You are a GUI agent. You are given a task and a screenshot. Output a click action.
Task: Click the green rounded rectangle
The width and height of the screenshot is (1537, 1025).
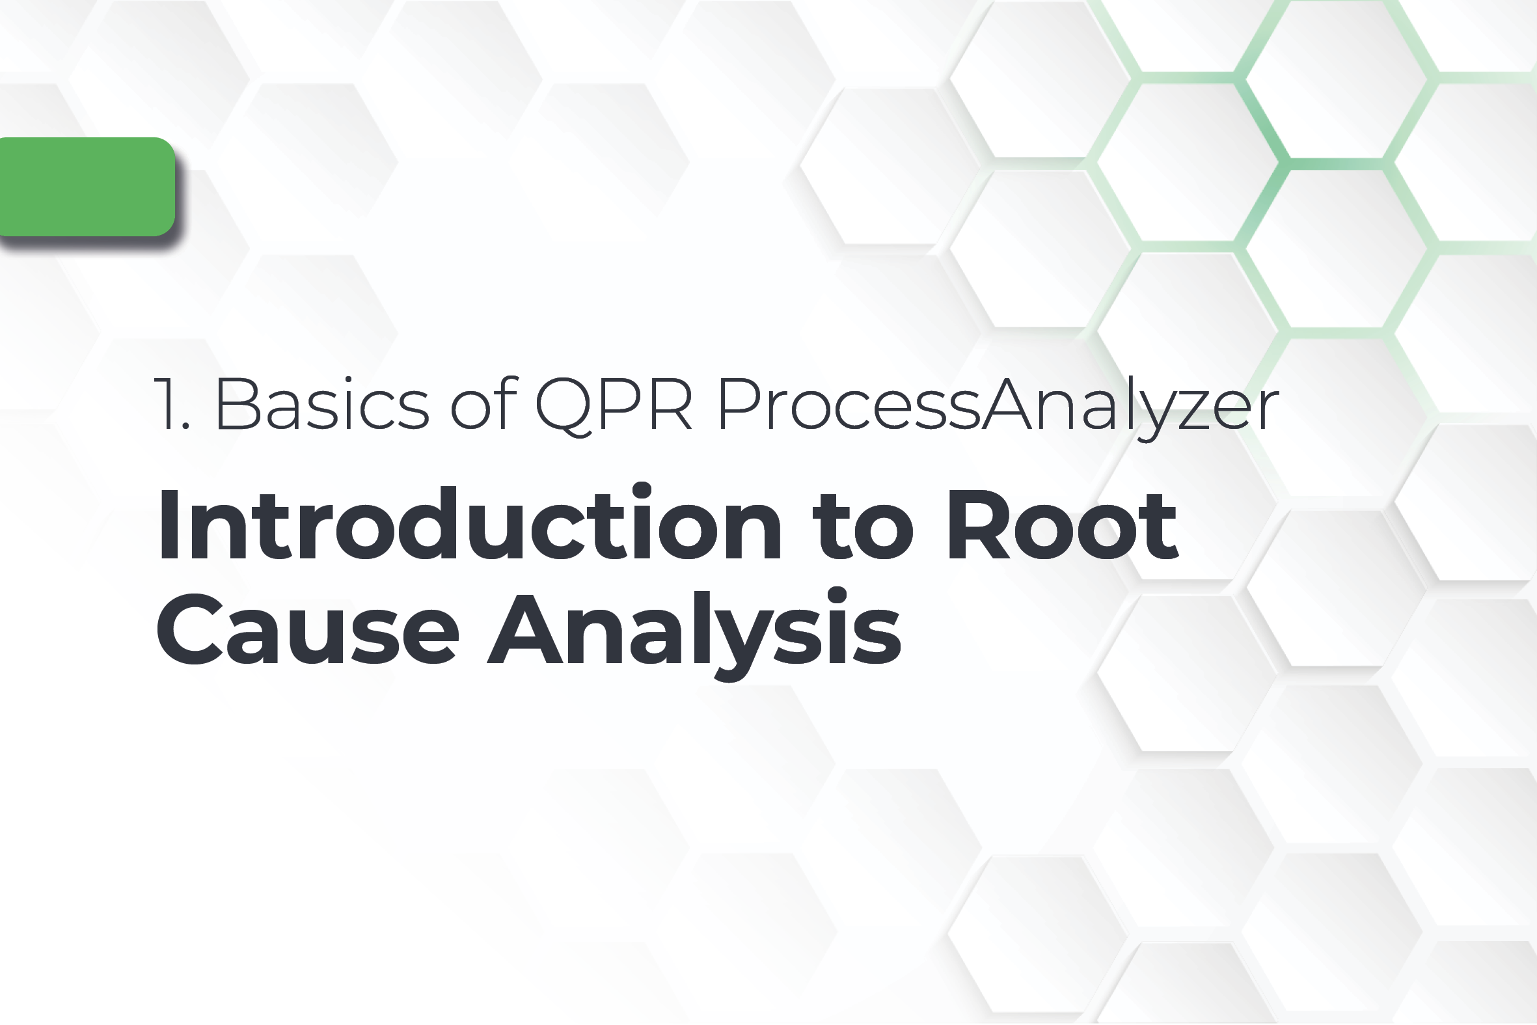tap(87, 187)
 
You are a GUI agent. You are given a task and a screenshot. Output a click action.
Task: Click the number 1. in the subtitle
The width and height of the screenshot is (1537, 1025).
tap(172, 405)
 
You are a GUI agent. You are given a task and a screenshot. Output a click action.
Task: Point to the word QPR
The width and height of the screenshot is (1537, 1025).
tap(614, 405)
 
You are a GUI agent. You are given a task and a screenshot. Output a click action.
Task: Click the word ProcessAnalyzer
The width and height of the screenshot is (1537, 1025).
tap(998, 405)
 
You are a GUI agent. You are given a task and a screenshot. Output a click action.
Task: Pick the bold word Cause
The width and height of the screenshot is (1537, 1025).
tap(307, 629)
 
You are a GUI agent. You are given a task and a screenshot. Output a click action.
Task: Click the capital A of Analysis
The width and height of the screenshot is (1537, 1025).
tap(526, 628)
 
